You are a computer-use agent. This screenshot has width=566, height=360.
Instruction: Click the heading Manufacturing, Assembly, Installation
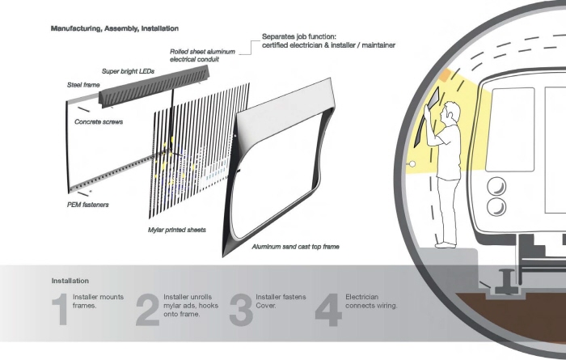coord(115,28)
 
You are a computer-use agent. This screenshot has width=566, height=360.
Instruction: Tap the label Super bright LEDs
coord(128,71)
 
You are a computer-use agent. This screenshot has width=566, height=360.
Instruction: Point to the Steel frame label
coord(83,85)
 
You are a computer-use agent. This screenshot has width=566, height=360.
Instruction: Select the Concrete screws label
coord(99,122)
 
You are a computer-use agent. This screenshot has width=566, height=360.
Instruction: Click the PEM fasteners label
coord(87,205)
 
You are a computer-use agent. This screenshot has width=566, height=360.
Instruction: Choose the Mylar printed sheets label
coord(177,230)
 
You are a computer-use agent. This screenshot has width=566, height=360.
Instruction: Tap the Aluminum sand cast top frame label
coord(296,247)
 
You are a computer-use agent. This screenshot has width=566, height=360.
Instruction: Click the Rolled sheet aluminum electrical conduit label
coord(202,56)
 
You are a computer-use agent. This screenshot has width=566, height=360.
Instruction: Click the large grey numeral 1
coord(61,309)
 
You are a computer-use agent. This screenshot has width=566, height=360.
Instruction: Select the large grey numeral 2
coord(148,310)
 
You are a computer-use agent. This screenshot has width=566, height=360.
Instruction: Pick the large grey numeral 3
coord(241,310)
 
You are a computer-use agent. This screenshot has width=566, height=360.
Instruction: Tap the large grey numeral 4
coord(328,310)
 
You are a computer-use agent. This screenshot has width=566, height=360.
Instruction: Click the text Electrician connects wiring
coord(371,301)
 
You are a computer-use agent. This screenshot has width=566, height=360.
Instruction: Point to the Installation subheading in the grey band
coord(70,281)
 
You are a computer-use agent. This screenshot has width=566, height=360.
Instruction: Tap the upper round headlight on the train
coord(496,187)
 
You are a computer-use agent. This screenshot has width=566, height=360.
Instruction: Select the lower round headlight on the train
coord(496,207)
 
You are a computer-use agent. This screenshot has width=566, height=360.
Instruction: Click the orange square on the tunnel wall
coord(445,75)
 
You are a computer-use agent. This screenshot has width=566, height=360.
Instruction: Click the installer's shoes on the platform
coord(446,245)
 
